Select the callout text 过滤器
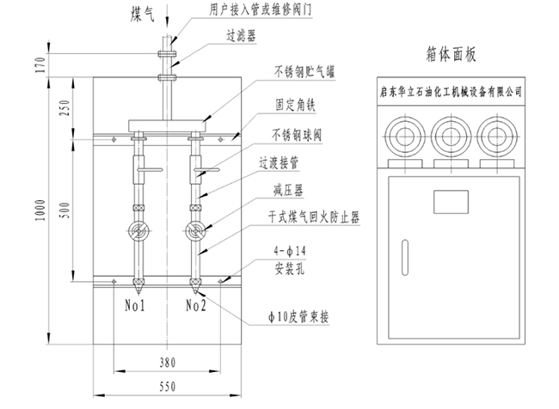click(x=242, y=38)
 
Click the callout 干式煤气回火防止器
click(x=305, y=222)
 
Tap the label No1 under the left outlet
click(x=136, y=304)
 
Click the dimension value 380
click(x=169, y=363)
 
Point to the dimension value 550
click(x=169, y=386)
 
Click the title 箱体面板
click(x=450, y=55)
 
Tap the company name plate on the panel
click(x=449, y=89)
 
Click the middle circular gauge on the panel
click(x=449, y=135)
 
